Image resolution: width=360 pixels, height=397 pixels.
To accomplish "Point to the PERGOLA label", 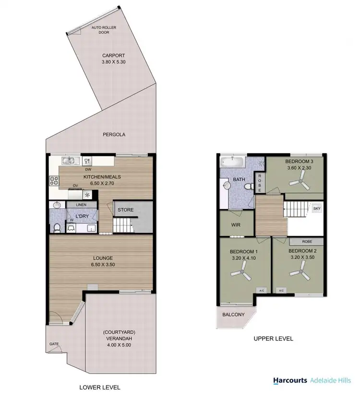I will pyautogui.click(x=113, y=135).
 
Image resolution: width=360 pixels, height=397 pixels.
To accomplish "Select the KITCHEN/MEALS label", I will pyautogui.click(x=102, y=177).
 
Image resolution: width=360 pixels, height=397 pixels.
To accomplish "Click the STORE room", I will pyautogui.click(x=125, y=210).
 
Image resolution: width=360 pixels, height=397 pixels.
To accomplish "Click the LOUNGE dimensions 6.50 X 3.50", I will pyautogui.click(x=102, y=264).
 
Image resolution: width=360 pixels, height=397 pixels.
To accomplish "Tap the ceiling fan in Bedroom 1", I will pyautogui.click(x=240, y=274).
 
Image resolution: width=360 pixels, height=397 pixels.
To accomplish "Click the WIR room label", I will pyautogui.click(x=235, y=225).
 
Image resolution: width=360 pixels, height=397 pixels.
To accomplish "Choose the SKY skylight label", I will pyautogui.click(x=316, y=209).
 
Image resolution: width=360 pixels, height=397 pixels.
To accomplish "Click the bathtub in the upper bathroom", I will pyautogui.click(x=232, y=162).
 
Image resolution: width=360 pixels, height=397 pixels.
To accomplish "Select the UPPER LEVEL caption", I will pyautogui.click(x=273, y=339).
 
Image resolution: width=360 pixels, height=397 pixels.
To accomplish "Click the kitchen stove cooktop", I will pyautogui.click(x=54, y=181).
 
